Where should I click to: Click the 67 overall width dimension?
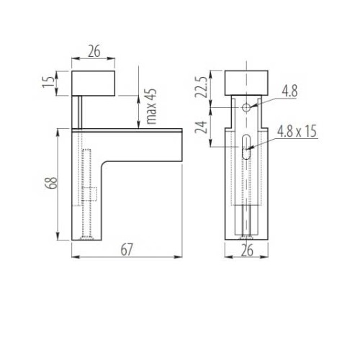tap(127, 249)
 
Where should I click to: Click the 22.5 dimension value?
tap(204, 88)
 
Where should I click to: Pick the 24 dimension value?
tap(204, 128)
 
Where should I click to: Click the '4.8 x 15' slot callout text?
tap(297, 131)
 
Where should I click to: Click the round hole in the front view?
tap(246, 107)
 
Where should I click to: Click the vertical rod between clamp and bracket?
tap(79, 112)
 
